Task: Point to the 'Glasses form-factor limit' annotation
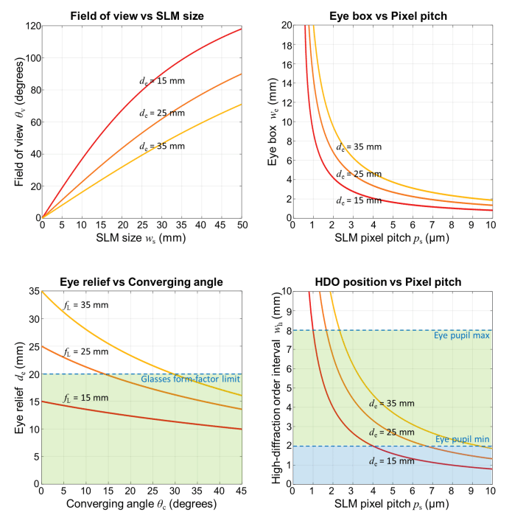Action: [189, 379]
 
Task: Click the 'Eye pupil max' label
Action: [461, 337]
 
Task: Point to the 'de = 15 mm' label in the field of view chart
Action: [163, 82]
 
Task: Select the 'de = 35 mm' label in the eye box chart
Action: [360, 147]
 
